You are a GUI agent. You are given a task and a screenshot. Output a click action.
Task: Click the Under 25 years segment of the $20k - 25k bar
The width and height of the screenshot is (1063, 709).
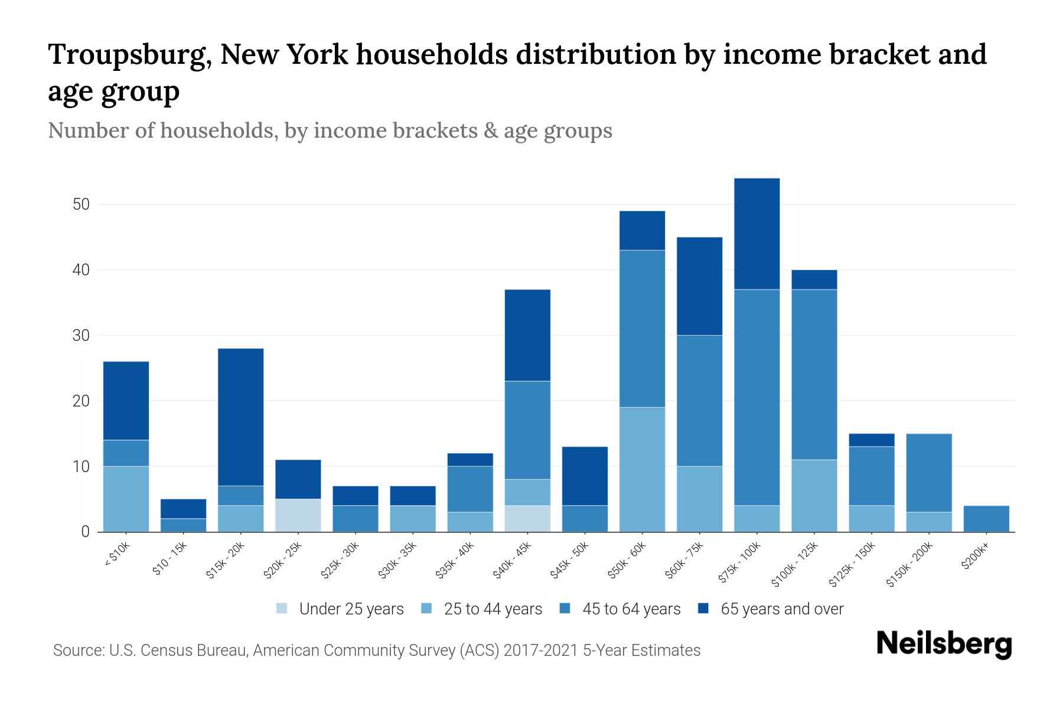[x=298, y=515]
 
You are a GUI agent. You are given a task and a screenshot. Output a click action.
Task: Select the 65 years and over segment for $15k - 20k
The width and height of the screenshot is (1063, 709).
[x=241, y=417]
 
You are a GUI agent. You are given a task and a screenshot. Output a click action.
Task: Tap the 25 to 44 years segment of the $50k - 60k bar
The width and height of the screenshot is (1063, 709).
[x=642, y=469]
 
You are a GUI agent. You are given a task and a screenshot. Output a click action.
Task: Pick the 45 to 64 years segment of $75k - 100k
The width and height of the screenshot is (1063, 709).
[x=757, y=397]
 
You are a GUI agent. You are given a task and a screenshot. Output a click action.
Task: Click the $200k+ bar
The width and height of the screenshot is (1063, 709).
[x=986, y=519]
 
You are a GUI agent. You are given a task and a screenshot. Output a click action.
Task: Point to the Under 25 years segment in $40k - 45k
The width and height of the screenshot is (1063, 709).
[x=527, y=518]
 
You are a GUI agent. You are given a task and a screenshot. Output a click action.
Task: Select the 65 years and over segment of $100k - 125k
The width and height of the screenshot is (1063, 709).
[x=814, y=279]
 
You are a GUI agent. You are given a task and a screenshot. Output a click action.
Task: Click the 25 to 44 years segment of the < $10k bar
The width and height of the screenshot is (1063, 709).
[x=126, y=499]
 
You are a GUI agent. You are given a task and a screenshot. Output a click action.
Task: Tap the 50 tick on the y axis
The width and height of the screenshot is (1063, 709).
[x=81, y=204]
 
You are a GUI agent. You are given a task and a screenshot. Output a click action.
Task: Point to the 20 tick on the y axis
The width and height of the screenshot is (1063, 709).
[x=81, y=401]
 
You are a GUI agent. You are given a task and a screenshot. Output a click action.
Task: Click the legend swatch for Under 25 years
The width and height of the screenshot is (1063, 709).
[x=282, y=609]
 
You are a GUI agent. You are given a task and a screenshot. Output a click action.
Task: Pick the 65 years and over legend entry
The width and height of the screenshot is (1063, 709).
[x=781, y=609]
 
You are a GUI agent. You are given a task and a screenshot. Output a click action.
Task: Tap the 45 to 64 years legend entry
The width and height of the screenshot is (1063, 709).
[x=631, y=609]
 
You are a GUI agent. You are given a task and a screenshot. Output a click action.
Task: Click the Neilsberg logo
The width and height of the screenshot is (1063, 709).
[x=944, y=644]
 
